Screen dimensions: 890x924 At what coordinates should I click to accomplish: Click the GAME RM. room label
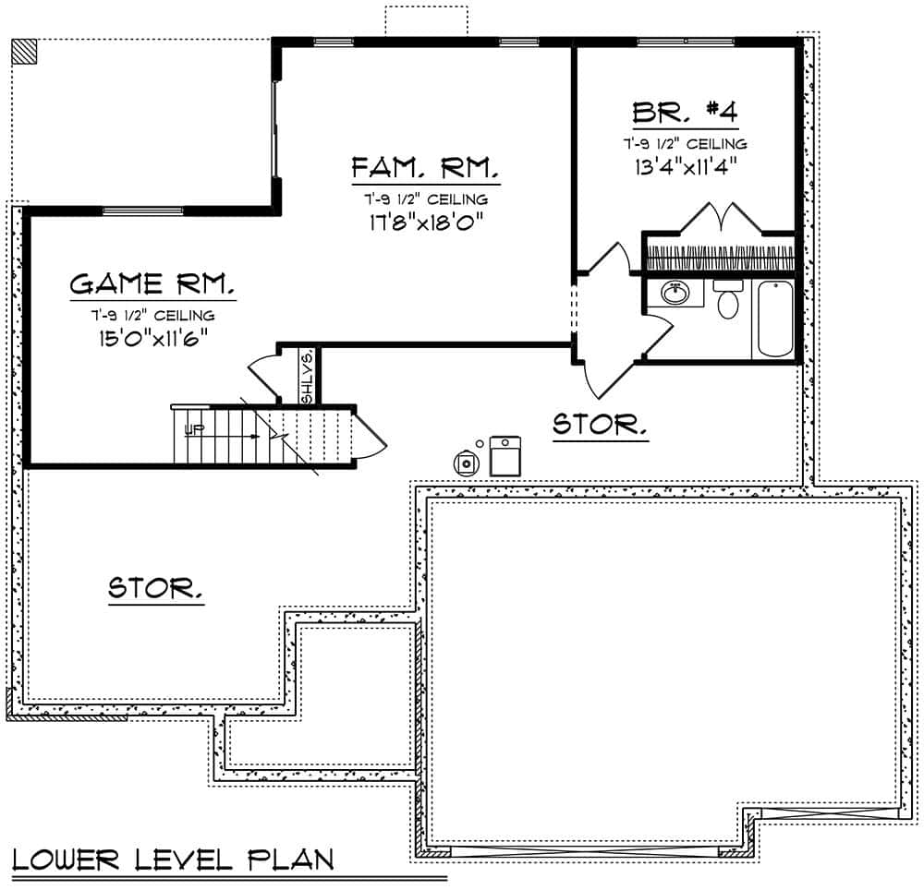pos(152,283)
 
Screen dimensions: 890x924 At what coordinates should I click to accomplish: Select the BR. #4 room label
pos(685,113)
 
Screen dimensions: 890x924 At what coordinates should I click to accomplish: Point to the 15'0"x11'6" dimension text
pos(152,337)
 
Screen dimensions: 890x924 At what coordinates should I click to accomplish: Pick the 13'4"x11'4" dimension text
pos(685,166)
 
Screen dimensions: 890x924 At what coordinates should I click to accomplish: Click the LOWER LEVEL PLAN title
pos(173,860)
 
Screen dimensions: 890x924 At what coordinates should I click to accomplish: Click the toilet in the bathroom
pos(728,300)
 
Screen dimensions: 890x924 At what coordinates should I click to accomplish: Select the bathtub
pos(774,319)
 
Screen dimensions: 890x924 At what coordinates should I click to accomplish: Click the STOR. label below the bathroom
pos(600,426)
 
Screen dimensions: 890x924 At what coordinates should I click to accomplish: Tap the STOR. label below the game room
pos(156,588)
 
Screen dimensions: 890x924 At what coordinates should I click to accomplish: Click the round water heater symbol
pos(468,462)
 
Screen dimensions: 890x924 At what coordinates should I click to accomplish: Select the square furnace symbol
pos(505,456)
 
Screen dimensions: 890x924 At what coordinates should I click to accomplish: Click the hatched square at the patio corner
pos(25,51)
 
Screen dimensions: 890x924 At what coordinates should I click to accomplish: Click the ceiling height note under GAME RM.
pos(152,316)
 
